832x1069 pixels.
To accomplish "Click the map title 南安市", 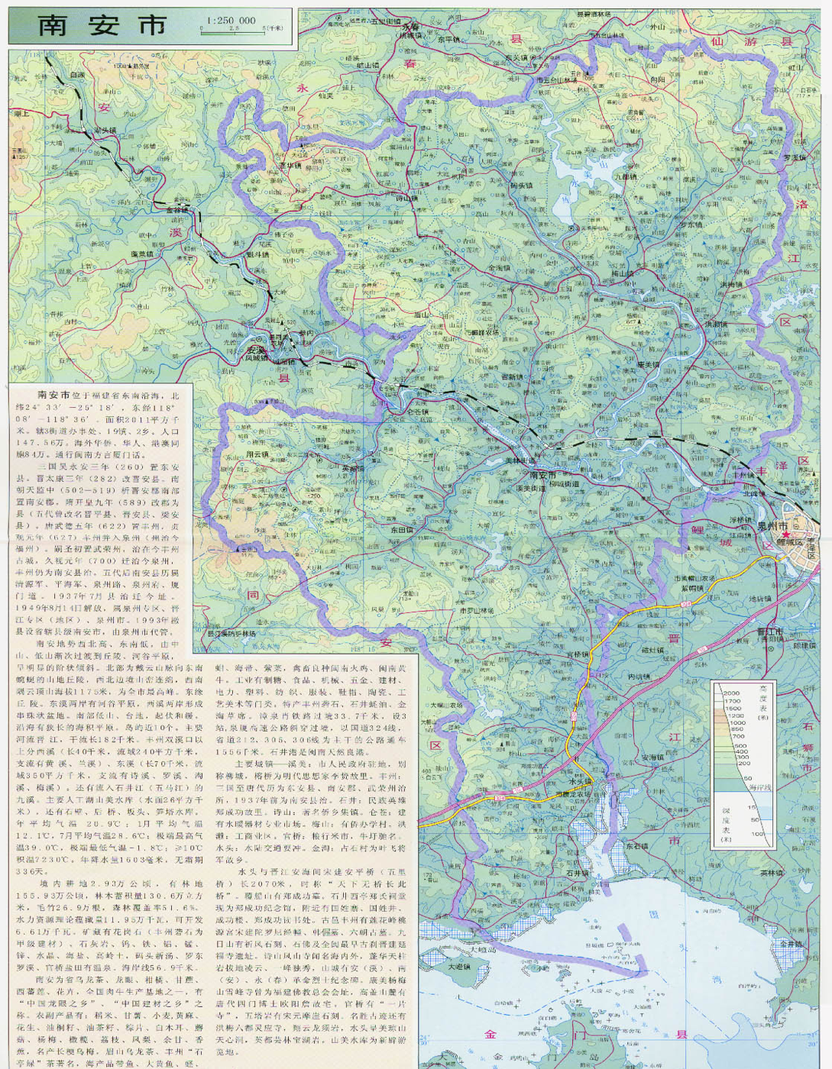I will click(x=102, y=25).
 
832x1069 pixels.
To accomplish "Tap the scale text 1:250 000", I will click(x=230, y=21).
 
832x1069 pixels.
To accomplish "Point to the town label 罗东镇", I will click(x=691, y=224).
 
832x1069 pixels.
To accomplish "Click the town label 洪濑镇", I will click(x=716, y=325).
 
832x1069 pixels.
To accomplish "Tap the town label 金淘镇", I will click(x=499, y=268).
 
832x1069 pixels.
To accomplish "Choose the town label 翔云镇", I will click(x=257, y=454).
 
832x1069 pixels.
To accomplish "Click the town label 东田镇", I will click(x=402, y=529).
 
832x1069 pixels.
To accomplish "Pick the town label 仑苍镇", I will click(x=417, y=412).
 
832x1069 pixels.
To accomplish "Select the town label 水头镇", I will click(x=581, y=782).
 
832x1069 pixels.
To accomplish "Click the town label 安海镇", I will click(x=652, y=757).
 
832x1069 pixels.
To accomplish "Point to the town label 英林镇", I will click(x=772, y=873).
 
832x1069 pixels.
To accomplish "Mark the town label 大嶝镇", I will click(x=459, y=967).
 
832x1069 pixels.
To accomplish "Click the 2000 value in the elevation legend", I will click(x=732, y=693).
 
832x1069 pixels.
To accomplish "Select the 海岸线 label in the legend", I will click(x=759, y=787).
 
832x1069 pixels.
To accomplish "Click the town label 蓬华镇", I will click(x=290, y=164).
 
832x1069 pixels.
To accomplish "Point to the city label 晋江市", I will click(x=769, y=631).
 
